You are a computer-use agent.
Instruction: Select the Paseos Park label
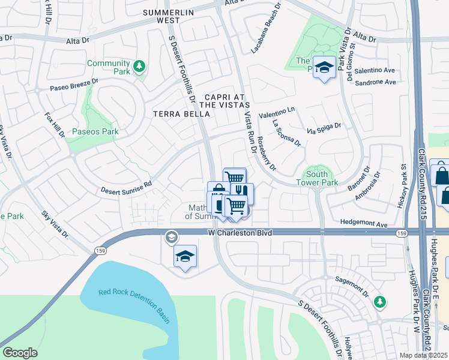[95, 131]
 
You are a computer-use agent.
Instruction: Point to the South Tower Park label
[318, 178]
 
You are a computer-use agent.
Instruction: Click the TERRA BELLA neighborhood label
[175, 113]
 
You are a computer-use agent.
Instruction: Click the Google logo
[20, 352]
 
